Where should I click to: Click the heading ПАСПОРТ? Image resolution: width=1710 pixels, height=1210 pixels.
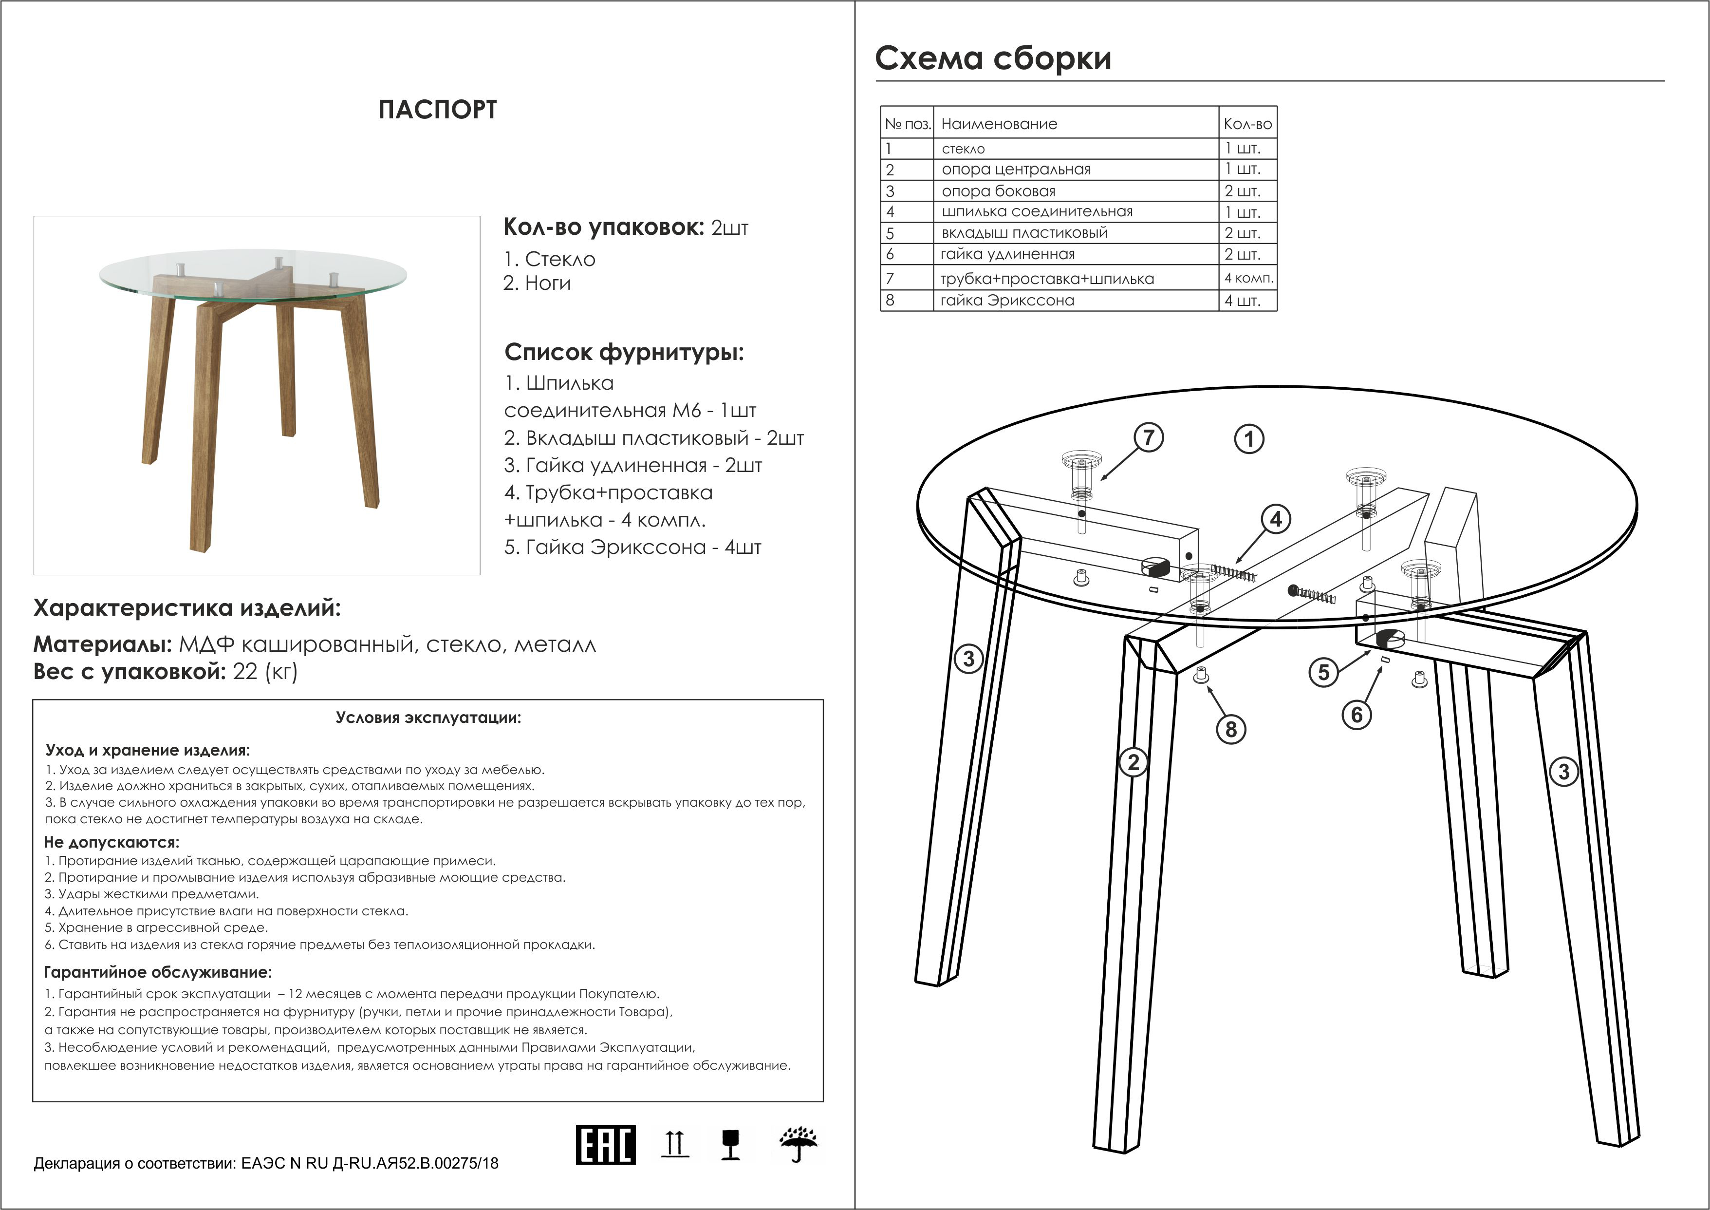pyautogui.click(x=437, y=110)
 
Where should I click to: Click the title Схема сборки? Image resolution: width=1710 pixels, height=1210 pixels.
pyautogui.click(x=993, y=58)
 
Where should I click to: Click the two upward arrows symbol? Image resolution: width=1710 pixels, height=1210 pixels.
pyautogui.click(x=675, y=1144)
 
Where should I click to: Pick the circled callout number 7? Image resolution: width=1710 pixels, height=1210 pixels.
pyautogui.click(x=1149, y=437)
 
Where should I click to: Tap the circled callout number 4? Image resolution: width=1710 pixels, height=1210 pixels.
pyautogui.click(x=1276, y=519)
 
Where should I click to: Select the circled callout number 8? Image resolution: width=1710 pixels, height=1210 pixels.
pyautogui.click(x=1230, y=729)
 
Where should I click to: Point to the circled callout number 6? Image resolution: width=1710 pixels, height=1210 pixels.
pyautogui.click(x=1356, y=715)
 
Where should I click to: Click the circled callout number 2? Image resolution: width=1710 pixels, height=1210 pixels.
pyautogui.click(x=1134, y=762)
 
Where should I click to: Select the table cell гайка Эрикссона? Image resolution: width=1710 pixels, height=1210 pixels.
pyautogui.click(x=1007, y=300)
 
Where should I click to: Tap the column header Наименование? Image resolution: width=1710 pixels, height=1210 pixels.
pyautogui.click(x=999, y=124)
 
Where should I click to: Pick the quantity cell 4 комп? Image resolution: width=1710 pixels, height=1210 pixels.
pyautogui.click(x=1248, y=279)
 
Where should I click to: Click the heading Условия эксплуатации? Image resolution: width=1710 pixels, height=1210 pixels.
pyautogui.click(x=428, y=718)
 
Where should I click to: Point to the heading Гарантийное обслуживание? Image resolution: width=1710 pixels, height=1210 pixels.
pyautogui.click(x=158, y=972)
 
